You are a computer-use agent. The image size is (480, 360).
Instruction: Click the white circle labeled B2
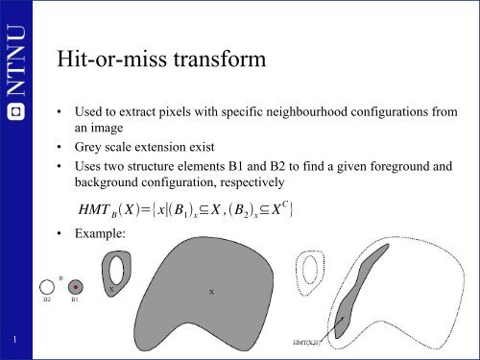[x=46, y=286]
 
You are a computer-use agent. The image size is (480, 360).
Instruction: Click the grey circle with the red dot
[x=76, y=286]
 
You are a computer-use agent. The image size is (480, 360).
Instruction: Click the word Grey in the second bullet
[x=91, y=147]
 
